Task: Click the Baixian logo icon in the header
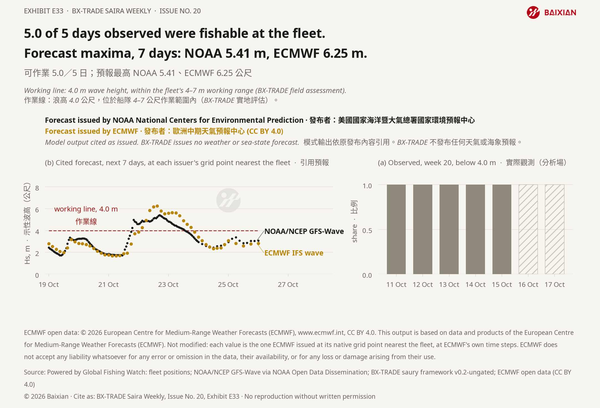tap(533, 12)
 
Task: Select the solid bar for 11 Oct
tap(396, 229)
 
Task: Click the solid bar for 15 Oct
tap(502, 229)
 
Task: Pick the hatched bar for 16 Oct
tap(528, 229)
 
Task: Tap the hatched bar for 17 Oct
tap(555, 229)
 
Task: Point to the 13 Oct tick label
tap(449, 285)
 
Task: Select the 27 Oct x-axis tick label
tap(288, 285)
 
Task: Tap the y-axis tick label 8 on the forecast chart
tap(37, 188)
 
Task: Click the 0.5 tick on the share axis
tap(367, 231)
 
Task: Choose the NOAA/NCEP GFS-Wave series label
tap(304, 231)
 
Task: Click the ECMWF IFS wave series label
tap(294, 253)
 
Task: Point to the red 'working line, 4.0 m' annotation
tap(86, 209)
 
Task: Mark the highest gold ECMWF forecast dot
tap(157, 206)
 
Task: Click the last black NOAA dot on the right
tap(258, 241)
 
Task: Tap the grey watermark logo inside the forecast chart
tap(228, 200)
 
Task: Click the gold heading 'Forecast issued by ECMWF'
tap(91, 131)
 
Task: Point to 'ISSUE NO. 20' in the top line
tap(180, 11)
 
